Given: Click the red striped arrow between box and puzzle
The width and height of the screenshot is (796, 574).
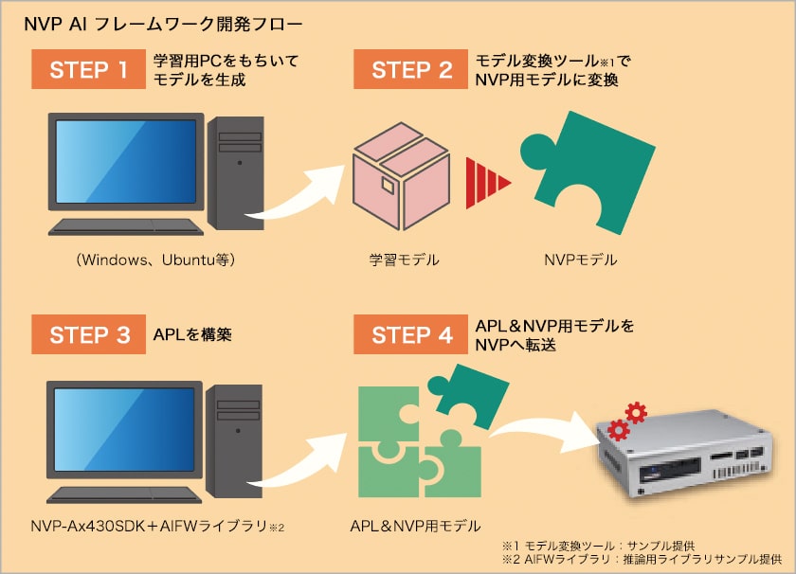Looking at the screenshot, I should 487,180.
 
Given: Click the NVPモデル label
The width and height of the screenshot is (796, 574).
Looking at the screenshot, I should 580,258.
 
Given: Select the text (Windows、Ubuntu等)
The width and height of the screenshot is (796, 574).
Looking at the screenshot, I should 156,259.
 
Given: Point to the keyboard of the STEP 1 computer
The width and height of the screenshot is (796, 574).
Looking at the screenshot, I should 126,226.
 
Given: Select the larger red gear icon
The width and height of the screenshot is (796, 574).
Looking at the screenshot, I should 635,413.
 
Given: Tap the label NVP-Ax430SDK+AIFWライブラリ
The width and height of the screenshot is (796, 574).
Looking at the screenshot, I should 156,526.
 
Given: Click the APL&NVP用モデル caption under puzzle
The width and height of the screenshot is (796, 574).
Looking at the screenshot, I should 415,526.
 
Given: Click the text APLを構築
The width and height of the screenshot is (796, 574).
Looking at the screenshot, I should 192,335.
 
